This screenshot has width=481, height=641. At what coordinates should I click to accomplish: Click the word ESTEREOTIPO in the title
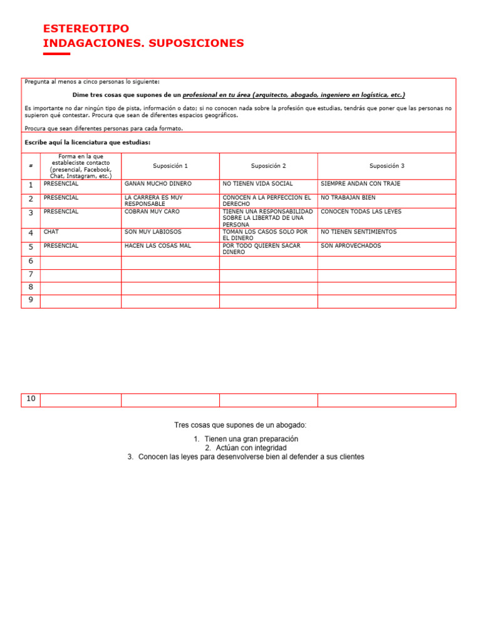click(86, 29)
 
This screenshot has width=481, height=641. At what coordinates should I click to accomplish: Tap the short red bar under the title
click(56, 54)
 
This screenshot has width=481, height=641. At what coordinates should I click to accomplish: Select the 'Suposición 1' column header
click(170, 166)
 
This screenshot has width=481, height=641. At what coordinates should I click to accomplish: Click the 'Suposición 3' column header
click(386, 166)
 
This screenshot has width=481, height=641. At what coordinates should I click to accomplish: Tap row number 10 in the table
click(31, 399)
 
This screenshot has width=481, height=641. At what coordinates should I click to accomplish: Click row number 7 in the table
click(31, 275)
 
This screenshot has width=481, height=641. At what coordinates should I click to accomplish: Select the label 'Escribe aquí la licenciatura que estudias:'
click(88, 143)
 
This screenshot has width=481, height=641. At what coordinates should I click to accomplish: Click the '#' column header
click(31, 166)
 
